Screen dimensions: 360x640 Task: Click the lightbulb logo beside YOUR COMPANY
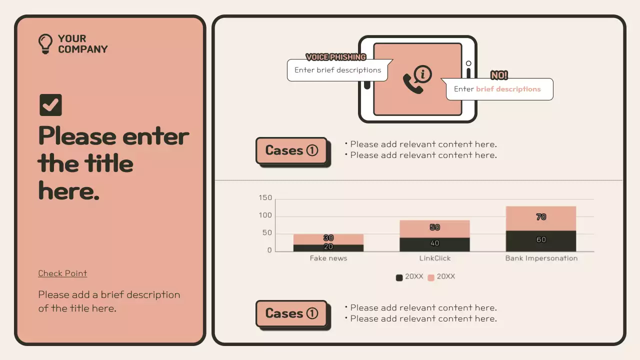pos(45,43)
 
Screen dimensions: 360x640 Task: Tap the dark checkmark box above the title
pos(50,105)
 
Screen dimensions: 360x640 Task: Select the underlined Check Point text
pos(62,273)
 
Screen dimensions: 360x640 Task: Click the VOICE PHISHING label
pos(336,57)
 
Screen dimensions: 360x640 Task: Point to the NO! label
pos(499,75)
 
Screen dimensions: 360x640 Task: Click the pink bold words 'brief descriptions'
pos(508,89)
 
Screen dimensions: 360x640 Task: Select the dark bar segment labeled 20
pos(328,247)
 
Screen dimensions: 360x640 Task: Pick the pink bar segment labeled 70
pos(541,218)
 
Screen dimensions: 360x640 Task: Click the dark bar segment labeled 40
pos(434,244)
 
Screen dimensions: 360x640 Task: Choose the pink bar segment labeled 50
pos(434,228)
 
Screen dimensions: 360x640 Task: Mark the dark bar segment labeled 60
pos(541,241)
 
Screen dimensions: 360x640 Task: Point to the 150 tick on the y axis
pos(265,198)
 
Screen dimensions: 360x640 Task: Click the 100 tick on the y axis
pos(265,215)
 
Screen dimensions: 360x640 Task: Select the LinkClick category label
pos(434,258)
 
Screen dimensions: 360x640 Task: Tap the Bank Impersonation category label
pos(541,258)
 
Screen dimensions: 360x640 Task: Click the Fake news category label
pos(328,258)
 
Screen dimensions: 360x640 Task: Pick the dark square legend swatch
pos(399,277)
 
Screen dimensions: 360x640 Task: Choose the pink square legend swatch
pos(431,277)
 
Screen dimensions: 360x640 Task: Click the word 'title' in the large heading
pos(102,163)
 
